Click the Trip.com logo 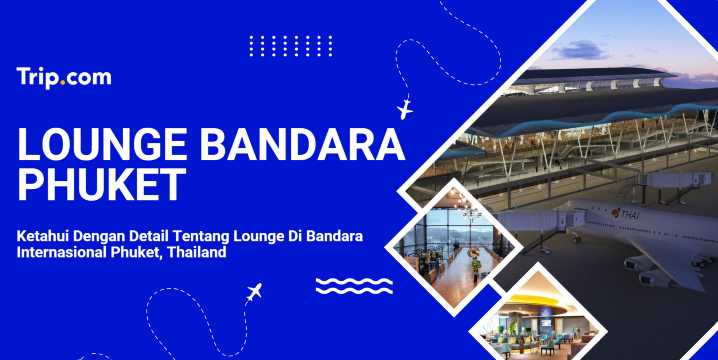[64, 77]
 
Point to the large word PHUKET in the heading [102, 187]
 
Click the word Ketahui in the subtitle [45, 236]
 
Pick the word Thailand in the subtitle [197, 253]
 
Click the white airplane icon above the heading [405, 107]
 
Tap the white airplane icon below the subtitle [253, 294]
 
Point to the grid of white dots [290, 46]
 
